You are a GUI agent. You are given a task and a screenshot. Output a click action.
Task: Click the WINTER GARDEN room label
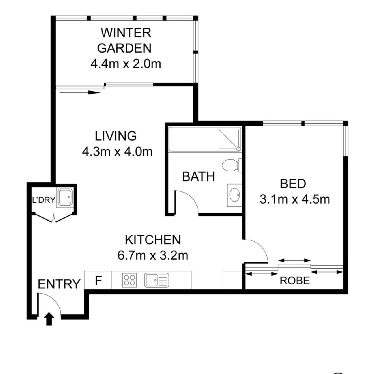tap(125, 41)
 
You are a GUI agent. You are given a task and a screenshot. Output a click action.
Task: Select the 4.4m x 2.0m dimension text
tap(125, 64)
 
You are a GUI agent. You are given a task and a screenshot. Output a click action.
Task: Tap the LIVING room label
tap(116, 136)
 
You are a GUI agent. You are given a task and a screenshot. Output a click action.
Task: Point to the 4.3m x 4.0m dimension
tap(117, 152)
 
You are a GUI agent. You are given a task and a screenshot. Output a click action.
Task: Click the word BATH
tap(198, 177)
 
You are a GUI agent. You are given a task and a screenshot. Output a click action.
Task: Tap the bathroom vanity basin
tap(235, 195)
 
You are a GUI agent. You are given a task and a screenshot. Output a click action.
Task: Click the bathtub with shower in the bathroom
tap(204, 139)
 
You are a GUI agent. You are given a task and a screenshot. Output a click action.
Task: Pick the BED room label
tap(293, 184)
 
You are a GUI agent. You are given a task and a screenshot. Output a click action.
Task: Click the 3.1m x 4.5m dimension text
tap(294, 199)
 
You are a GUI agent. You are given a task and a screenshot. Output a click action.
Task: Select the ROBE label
tap(295, 280)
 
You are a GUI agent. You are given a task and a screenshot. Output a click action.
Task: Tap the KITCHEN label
tap(153, 240)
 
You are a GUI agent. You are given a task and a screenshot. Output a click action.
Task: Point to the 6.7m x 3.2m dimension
tap(153, 256)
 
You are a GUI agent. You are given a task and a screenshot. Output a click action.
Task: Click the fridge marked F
tap(98, 280)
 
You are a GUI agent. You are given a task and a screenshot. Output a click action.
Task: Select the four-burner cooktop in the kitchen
tap(130, 280)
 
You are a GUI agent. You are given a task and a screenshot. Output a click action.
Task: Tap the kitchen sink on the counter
tap(157, 280)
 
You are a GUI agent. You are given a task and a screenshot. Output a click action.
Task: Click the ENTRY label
tap(59, 284)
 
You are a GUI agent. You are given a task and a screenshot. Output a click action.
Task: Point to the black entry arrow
tap(49, 319)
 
